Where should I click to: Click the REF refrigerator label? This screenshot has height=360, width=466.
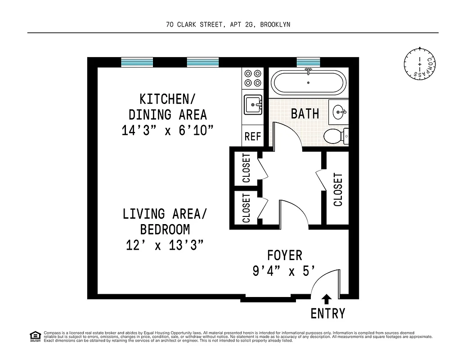pyautogui.click(x=252, y=136)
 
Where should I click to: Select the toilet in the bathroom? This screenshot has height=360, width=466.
pyautogui.click(x=336, y=135)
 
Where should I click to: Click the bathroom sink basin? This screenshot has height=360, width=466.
pyautogui.click(x=340, y=111)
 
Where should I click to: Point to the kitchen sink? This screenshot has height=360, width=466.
pyautogui.click(x=253, y=106)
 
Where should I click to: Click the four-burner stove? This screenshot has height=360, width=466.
pyautogui.click(x=253, y=77)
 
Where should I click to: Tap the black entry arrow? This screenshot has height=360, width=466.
pyautogui.click(x=327, y=299)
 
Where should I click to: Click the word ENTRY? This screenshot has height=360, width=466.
pyautogui.click(x=328, y=313)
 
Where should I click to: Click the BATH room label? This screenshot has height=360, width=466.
pyautogui.click(x=305, y=113)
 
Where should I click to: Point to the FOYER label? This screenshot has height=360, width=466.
pyautogui.click(x=284, y=255)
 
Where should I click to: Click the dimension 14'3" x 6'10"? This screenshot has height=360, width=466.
pyautogui.click(x=167, y=130)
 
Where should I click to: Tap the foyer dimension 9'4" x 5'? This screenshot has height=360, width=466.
pyautogui.click(x=283, y=271)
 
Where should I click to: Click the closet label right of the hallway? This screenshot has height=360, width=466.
pyautogui.click(x=338, y=189)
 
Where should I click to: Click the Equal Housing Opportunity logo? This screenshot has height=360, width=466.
pyautogui.click(x=35, y=336)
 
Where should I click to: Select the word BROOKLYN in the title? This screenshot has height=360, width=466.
pyautogui.click(x=275, y=25)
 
